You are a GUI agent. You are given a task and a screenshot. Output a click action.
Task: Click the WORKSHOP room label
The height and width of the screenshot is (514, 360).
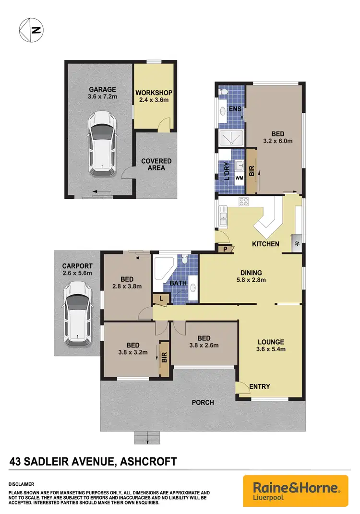coord(154,93)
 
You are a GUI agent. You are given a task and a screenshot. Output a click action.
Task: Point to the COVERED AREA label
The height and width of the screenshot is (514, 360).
coord(156,164)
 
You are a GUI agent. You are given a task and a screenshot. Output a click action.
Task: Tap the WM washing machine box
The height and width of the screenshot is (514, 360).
coord(239,178)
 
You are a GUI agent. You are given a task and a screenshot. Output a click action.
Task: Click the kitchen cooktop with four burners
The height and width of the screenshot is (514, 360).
coord(243,202)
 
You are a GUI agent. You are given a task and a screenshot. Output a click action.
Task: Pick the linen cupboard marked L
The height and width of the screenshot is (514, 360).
coord(162,299)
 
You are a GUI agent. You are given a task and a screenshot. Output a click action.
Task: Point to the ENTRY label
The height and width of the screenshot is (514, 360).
coord(260,386)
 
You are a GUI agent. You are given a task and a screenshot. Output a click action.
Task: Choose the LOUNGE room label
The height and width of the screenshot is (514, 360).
coord(271,342)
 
